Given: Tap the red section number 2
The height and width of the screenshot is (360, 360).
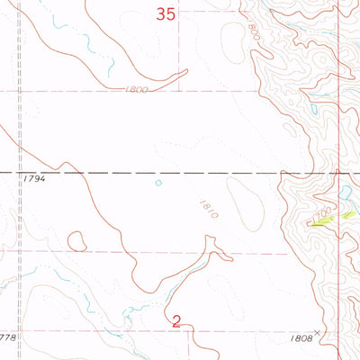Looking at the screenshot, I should [x=177, y=319].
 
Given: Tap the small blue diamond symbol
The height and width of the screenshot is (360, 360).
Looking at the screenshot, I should [x=158, y=183].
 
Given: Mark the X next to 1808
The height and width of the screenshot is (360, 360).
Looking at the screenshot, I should [x=317, y=332].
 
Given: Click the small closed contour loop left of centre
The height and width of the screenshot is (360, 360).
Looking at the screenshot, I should [x=76, y=241].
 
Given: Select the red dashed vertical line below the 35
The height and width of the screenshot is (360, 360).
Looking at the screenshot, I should [x=178, y=54].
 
